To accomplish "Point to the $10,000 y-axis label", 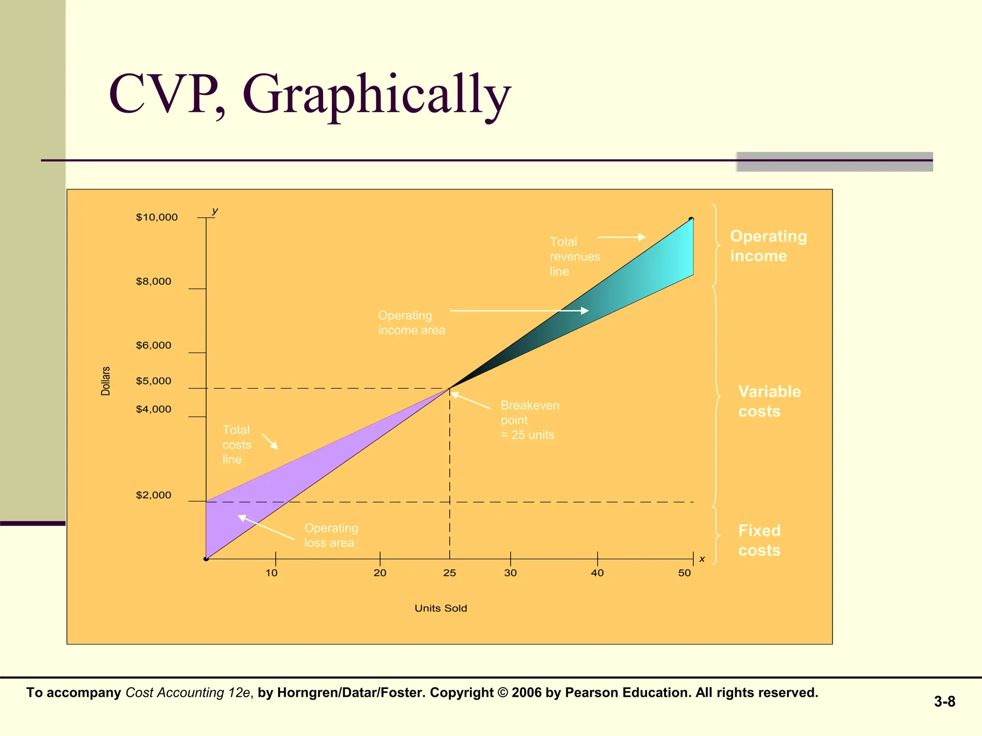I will click(157, 217).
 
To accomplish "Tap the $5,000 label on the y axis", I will click(153, 381).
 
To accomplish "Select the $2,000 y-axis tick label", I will click(153, 495).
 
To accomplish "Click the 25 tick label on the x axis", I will click(449, 573).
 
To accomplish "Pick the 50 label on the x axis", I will click(684, 573).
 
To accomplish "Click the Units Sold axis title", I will click(441, 608).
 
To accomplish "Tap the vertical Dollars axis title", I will click(105, 381).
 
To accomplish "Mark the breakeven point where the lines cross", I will click(450, 388).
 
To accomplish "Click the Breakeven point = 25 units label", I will click(530, 420).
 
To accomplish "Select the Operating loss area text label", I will click(331, 535).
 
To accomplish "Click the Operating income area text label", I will click(411, 323).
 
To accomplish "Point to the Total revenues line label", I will click(574, 256).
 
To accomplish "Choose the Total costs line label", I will click(236, 445).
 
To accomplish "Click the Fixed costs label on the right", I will click(759, 540).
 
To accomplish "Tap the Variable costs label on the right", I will click(769, 401).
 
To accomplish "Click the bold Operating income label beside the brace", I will click(768, 246).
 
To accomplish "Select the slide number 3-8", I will click(944, 701).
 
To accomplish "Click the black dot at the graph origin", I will click(206, 559).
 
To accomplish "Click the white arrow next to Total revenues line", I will click(621, 237).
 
